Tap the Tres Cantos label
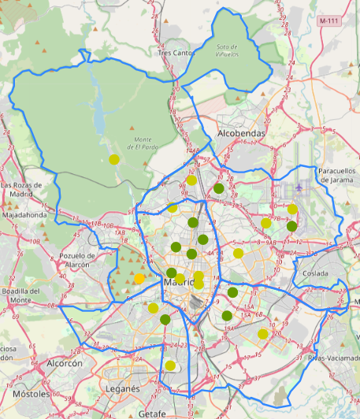pos(175,53)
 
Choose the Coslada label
pos(315,273)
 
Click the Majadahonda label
pos(25,213)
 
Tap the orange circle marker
pos(139,278)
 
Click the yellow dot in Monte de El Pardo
pos(114,159)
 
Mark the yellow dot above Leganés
pos(170,365)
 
